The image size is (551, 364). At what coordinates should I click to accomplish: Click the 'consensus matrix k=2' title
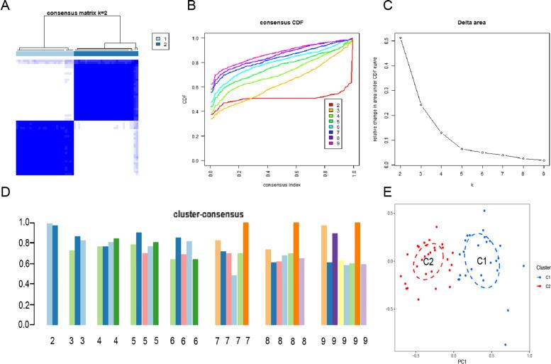coord(76,13)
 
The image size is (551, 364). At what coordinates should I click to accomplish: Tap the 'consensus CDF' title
coord(274,13)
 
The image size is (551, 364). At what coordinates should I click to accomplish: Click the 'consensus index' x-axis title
coord(273,175)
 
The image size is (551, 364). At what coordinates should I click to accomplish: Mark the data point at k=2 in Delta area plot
coord(381,38)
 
